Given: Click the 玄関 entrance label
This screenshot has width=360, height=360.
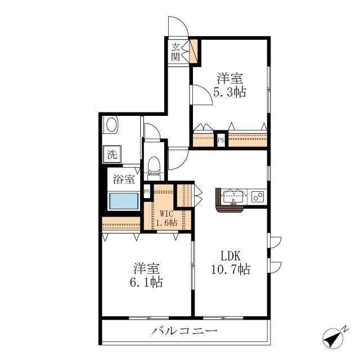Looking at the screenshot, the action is [175, 52].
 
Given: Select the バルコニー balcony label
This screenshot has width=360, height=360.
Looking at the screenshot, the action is [184, 331].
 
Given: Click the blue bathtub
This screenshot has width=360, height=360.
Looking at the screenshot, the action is [124, 201].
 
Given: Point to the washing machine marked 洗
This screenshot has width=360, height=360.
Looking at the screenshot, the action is [112, 154].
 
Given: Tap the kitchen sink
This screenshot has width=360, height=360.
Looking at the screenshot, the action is [233, 196].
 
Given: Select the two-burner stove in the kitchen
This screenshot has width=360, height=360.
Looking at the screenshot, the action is [258, 196].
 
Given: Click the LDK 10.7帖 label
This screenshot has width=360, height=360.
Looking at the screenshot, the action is [231, 262].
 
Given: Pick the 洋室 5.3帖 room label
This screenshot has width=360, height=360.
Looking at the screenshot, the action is [230, 85].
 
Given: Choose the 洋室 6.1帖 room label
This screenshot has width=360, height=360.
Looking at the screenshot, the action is [147, 275].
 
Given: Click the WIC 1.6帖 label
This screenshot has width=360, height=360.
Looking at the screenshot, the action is [166, 218].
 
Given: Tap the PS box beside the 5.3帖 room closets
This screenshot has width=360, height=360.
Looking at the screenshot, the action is [221, 140].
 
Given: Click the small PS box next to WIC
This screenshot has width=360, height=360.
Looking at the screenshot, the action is [147, 191].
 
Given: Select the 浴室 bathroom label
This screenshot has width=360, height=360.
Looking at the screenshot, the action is [124, 179].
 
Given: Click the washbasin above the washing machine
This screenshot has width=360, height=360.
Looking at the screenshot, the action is [111, 124].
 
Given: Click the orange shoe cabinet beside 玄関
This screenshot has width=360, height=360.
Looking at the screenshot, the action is [193, 51].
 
